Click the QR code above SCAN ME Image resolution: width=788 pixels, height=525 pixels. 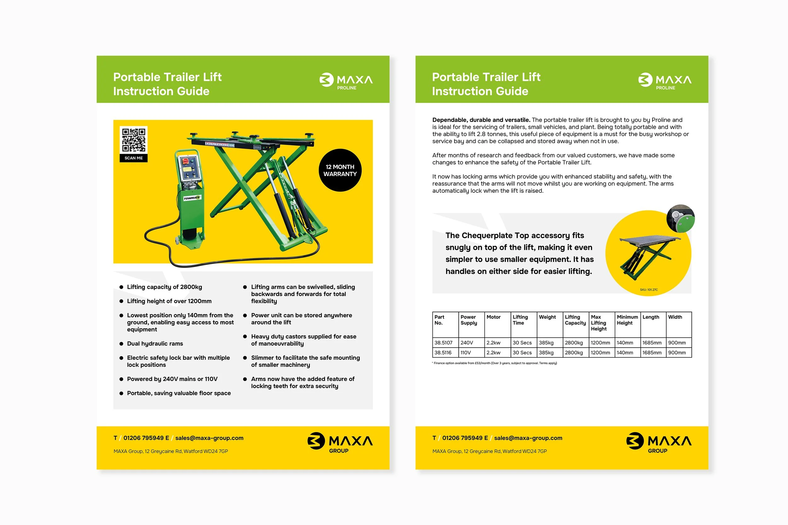pyautogui.click(x=133, y=140)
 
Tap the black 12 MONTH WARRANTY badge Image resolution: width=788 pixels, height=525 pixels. pyautogui.click(x=340, y=170)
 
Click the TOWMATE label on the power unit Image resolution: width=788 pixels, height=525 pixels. pyautogui.click(x=192, y=198)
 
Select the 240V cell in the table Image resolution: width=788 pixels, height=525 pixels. pyautogui.click(x=471, y=343)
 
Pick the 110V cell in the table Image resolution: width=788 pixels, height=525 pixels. pyautogui.click(x=471, y=352)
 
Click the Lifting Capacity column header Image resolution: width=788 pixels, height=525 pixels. pyautogui.click(x=575, y=320)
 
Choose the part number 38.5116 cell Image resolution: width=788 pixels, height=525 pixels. pyautogui.click(x=445, y=352)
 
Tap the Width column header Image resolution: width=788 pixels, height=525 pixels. pyautogui.click(x=675, y=317)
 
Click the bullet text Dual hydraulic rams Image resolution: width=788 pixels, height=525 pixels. pyautogui.click(x=155, y=344)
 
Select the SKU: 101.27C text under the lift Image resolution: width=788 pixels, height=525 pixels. pyautogui.click(x=649, y=290)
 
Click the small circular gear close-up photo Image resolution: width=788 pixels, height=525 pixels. pyautogui.click(x=681, y=219)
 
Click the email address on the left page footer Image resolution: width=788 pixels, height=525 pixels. pyautogui.click(x=209, y=438)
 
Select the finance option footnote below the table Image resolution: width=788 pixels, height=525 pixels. pyautogui.click(x=495, y=363)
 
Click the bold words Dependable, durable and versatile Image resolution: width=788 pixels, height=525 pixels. pyautogui.click(x=481, y=120)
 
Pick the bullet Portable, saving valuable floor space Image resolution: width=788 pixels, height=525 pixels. pyautogui.click(x=179, y=393)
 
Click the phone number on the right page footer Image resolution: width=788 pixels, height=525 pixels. pyautogui.click(x=465, y=438)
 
